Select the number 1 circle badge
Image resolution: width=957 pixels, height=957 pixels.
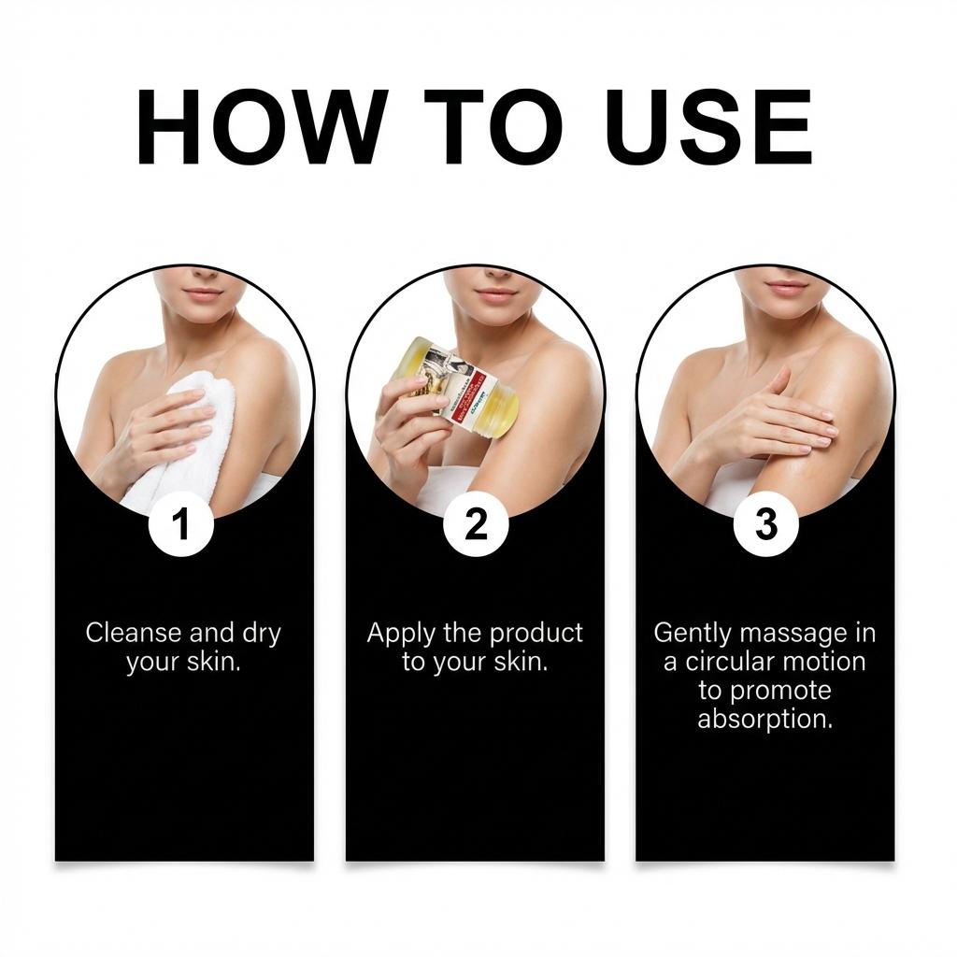pyautogui.click(x=182, y=525)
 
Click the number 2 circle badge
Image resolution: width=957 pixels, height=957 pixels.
pyautogui.click(x=476, y=525)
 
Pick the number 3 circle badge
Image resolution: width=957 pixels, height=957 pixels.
pyautogui.click(x=765, y=525)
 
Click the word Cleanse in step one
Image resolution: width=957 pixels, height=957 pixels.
pyautogui.click(x=135, y=633)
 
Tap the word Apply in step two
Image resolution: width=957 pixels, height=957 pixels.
pyautogui.click(x=401, y=634)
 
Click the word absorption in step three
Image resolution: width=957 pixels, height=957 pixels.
pyautogui.click(x=764, y=721)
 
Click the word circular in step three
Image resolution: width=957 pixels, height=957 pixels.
pyautogui.click(x=735, y=662)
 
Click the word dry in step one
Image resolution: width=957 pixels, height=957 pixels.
pyautogui.click(x=261, y=634)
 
